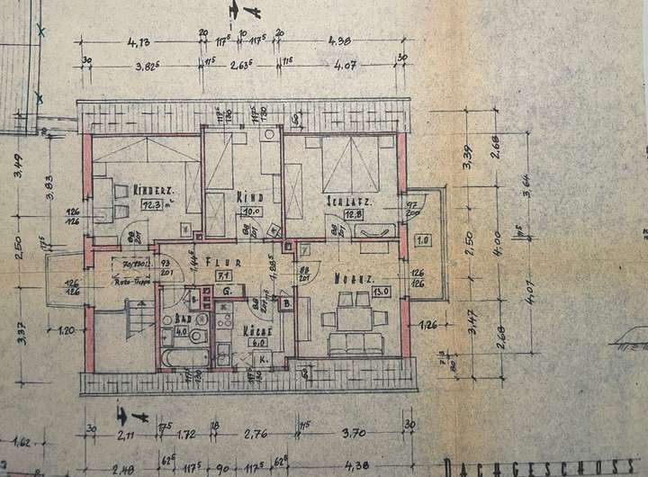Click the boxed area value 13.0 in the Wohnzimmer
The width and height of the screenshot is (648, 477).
click(x=380, y=290)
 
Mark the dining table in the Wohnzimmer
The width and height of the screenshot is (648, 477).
click(x=354, y=317)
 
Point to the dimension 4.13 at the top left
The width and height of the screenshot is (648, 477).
click(x=137, y=41)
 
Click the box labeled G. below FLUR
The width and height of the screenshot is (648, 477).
click(x=229, y=292)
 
